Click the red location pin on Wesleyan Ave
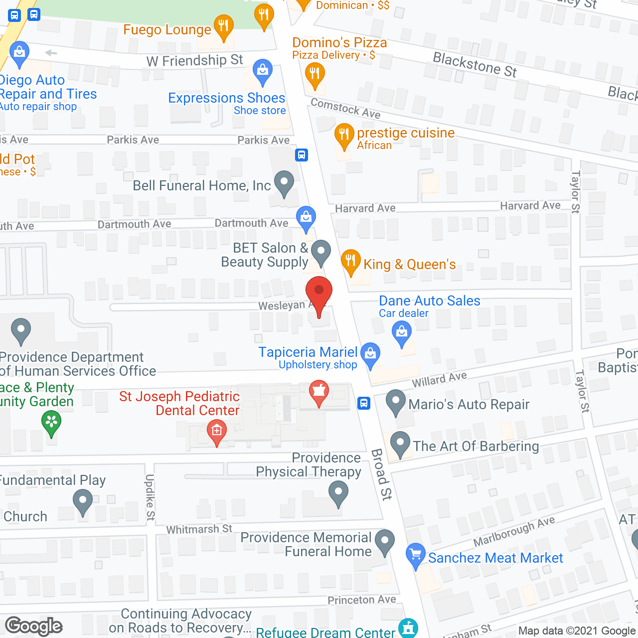pos(319,294)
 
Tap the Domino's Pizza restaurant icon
pos(315,74)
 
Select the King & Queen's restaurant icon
pos(351,261)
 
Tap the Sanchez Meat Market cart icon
pos(416,555)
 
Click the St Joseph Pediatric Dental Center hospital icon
pos(217,431)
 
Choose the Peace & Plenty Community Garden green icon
pos(51,422)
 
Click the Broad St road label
pos(382,474)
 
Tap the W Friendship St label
pos(194,61)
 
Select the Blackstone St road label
pos(475,65)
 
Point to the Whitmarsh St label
pos(199,529)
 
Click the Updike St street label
pos(150,497)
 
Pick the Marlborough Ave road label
pos(514,531)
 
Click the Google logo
pos(34,626)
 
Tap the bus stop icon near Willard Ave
pos(364,403)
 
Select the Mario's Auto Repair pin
pos(396,401)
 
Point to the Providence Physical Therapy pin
pos(338,493)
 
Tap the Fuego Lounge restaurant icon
pos(223,26)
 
